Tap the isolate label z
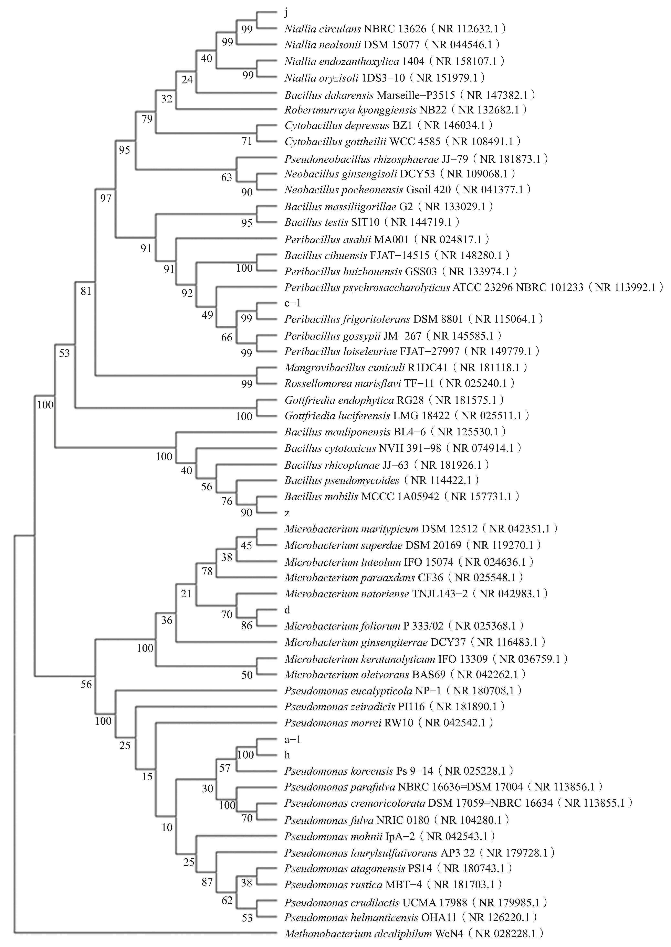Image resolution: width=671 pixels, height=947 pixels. [287, 513]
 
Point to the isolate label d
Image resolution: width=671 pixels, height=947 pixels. [287, 610]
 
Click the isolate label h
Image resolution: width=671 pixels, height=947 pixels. [287, 755]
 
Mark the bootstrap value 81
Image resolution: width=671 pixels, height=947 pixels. [85, 291]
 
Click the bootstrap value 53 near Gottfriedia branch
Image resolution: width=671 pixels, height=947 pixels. [65, 353]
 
